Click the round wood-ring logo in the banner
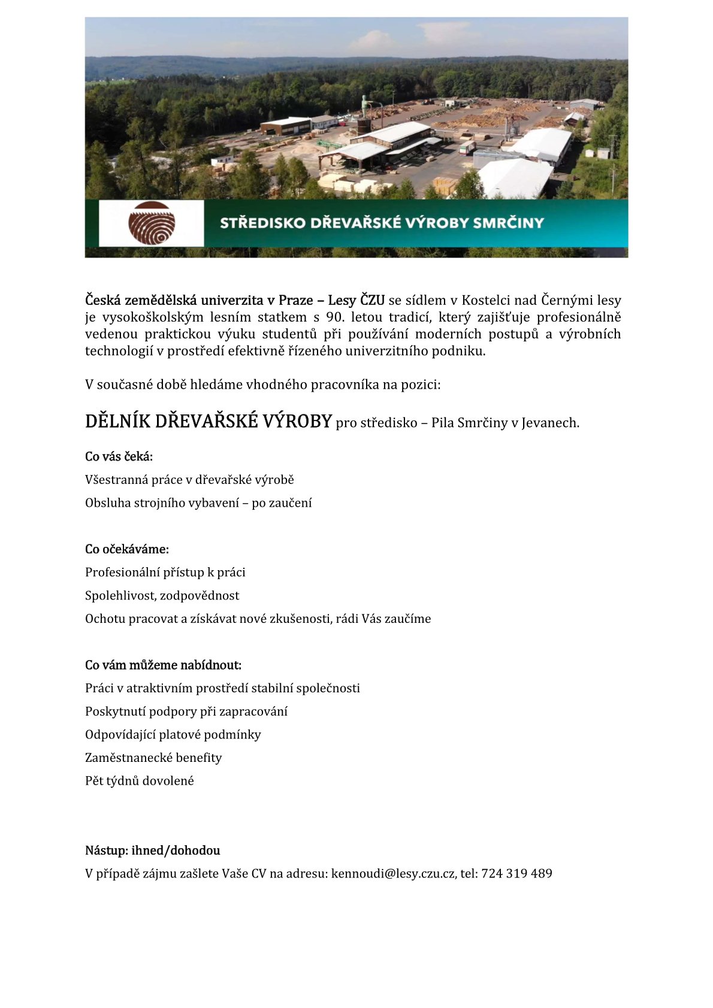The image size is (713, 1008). coord(152,223)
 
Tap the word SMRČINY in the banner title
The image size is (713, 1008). coord(508,223)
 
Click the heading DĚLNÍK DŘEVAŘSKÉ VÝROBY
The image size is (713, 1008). coord(208,422)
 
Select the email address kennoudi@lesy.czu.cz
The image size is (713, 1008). coord(393,873)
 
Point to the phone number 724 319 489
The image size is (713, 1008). coord(516,873)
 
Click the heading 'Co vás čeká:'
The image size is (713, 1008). coord(119,456)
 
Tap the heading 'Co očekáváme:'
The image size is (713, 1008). coord(127,549)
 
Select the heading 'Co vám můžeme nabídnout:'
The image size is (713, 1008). coord(163,665)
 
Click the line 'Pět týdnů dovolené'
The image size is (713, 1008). coord(140,781)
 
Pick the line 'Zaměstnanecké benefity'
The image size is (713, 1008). coord(153,758)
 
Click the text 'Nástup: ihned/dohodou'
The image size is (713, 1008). coord(152,850)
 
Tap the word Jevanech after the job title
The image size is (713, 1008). coord(549,423)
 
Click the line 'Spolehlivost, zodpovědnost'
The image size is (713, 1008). coord(162,595)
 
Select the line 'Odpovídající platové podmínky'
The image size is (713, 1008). coord(173,735)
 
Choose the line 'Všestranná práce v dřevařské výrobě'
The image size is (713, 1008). coord(189,480)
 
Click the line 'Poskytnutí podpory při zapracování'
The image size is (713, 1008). coord(186,712)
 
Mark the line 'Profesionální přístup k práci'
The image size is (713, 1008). coord(165,573)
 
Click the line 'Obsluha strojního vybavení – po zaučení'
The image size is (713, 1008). coord(198,503)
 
